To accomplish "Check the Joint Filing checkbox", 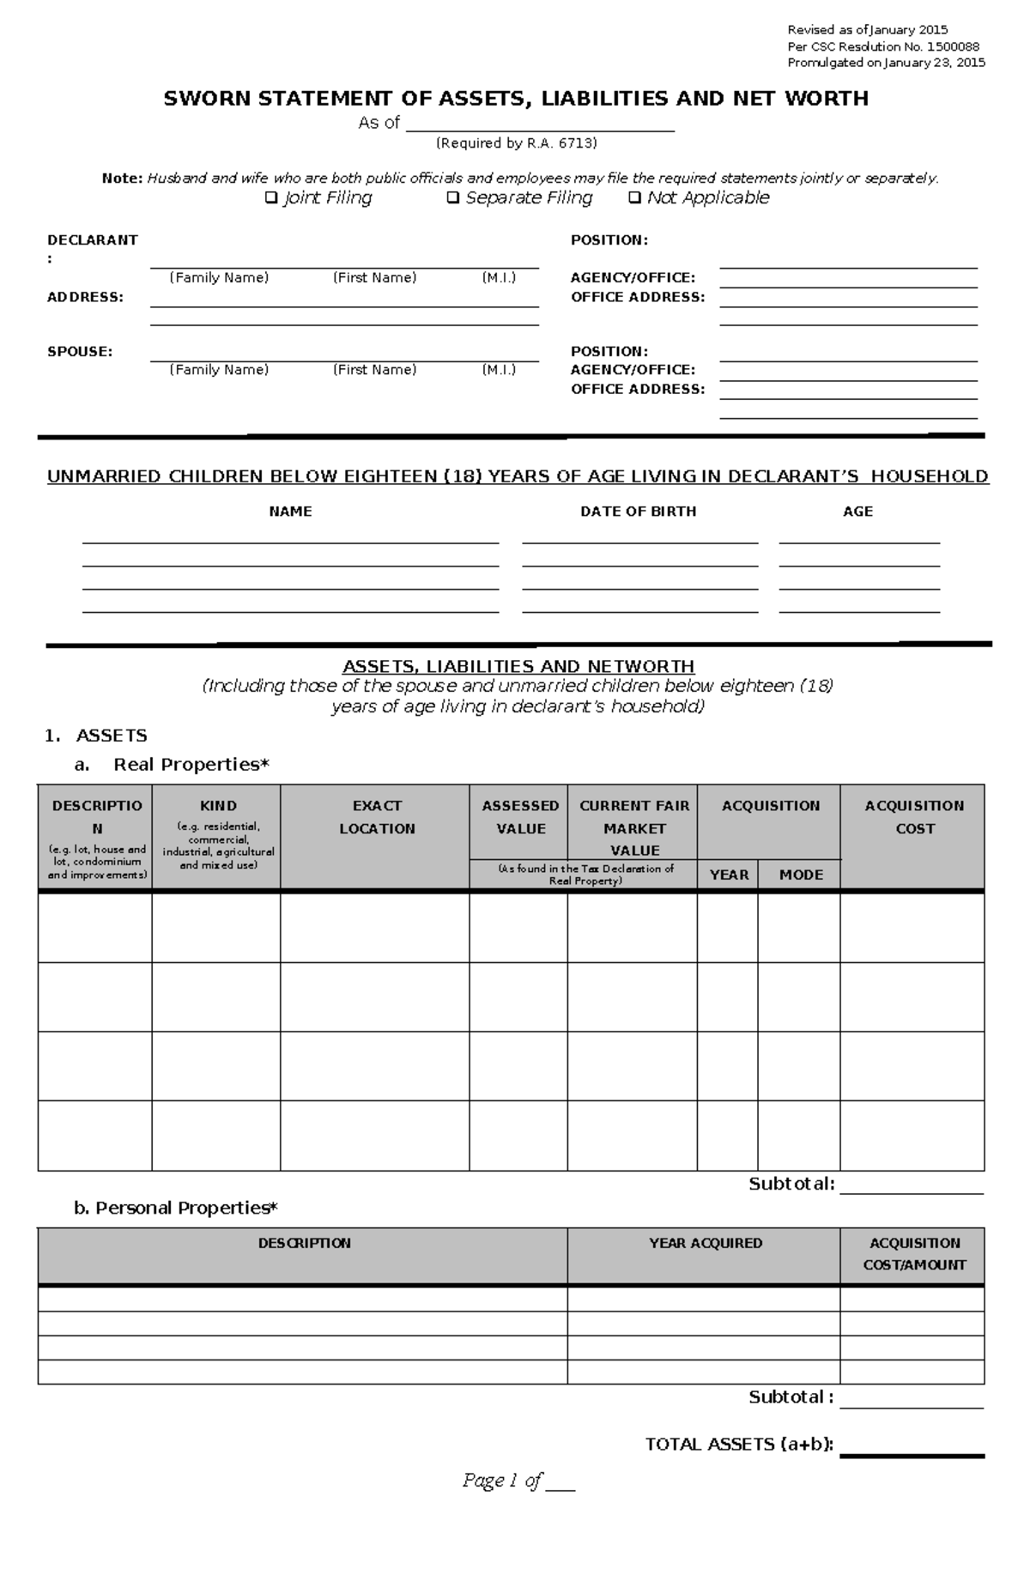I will (x=271, y=198).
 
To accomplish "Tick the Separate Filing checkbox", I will (x=453, y=198).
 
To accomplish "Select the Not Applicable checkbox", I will (x=634, y=198).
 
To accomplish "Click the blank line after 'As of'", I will (x=540, y=124).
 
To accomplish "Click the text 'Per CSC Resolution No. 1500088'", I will (x=883, y=46).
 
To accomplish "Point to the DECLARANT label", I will (x=92, y=240).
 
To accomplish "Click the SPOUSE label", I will (x=80, y=351).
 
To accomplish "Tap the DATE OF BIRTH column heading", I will (x=638, y=512).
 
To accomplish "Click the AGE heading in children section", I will (x=857, y=512).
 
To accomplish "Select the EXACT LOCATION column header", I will (x=377, y=817).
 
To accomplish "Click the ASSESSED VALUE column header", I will (x=520, y=817).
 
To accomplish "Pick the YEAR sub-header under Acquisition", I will (x=729, y=875).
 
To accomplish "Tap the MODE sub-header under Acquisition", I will (x=801, y=875).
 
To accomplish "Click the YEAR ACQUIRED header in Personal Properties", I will (x=705, y=1243).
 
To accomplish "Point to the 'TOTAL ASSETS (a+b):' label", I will (x=739, y=1445).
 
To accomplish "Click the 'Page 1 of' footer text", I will (x=502, y=1481).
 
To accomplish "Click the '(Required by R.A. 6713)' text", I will (x=516, y=143).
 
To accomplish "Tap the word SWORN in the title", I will (x=208, y=99).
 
